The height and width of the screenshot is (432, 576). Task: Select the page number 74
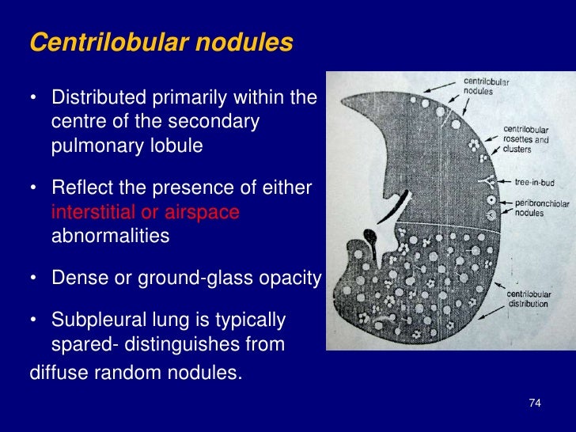[x=534, y=404]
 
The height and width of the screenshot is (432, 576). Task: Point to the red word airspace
[x=203, y=212]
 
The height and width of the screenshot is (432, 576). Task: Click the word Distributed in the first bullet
[x=93, y=98]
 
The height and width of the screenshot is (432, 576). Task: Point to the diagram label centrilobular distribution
[x=529, y=299]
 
